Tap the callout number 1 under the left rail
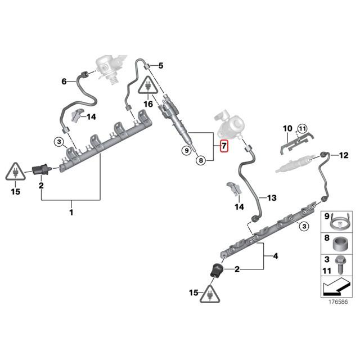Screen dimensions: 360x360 pyautogui.click(x=71, y=212)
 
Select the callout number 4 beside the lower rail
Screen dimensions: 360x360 pyautogui.click(x=276, y=256)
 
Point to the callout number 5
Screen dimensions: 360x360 pyautogui.click(x=160, y=66)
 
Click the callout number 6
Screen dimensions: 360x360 pyautogui.click(x=64, y=82)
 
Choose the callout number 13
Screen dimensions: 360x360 pyautogui.click(x=272, y=198)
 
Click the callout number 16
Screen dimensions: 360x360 pyautogui.click(x=148, y=104)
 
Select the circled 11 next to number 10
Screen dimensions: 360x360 pyautogui.click(x=302, y=129)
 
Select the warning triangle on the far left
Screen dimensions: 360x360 pyautogui.click(x=15, y=172)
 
